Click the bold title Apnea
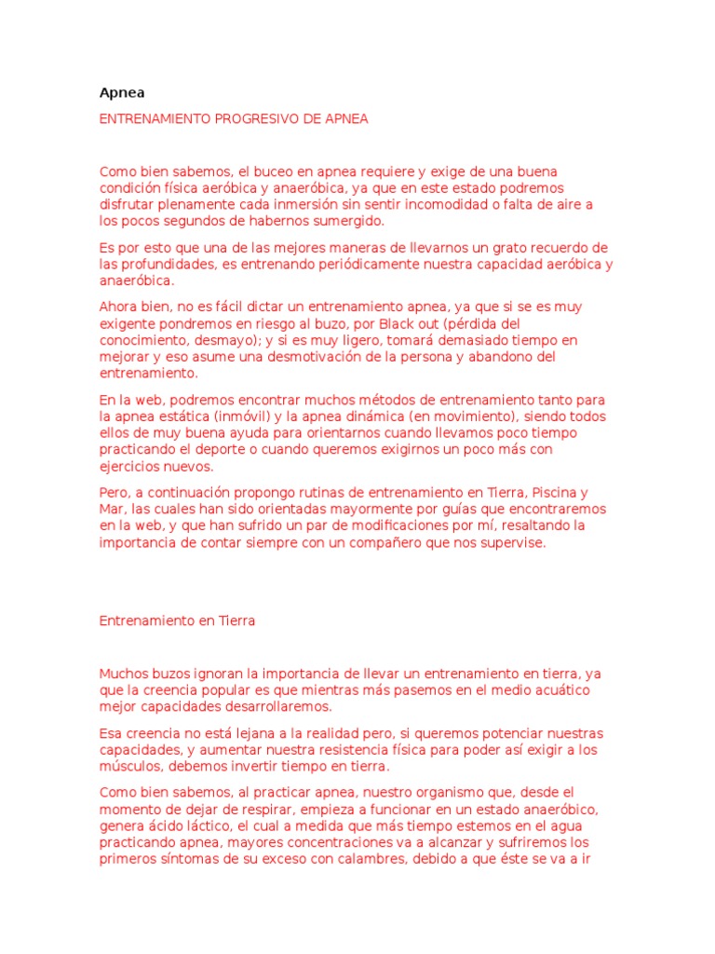122,93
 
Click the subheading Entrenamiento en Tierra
177,620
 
